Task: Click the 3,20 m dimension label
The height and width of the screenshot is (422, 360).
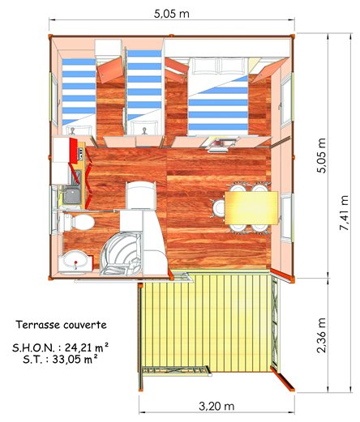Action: [x=216, y=406]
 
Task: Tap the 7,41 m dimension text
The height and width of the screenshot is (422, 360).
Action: [x=344, y=213]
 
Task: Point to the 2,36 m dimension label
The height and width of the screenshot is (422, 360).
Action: [x=321, y=335]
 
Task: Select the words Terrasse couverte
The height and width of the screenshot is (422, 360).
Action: [x=61, y=325]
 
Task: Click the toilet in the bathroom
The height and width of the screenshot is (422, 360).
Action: [x=76, y=222]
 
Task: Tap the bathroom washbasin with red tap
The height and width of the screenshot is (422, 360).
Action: [x=75, y=262]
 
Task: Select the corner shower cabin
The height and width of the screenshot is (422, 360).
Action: [x=121, y=254]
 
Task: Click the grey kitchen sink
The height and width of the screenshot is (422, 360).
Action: [x=72, y=195]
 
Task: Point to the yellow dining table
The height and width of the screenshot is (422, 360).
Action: [x=251, y=208]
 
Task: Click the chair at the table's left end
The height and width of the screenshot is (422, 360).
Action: [x=218, y=208]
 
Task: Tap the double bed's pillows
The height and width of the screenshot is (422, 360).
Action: [x=219, y=66]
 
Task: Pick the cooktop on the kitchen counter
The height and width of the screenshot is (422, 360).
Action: [x=81, y=156]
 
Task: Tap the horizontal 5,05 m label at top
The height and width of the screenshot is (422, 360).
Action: [x=172, y=14]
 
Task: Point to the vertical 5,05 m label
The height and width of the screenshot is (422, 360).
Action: [x=322, y=156]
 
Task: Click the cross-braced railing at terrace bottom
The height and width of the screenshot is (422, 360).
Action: [x=176, y=370]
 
